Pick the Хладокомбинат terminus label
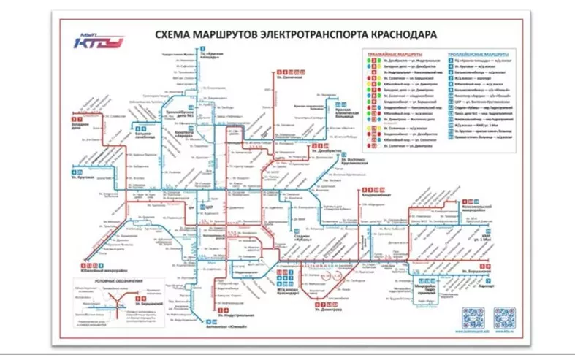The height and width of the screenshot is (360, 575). pyautogui.click(x=372, y=196)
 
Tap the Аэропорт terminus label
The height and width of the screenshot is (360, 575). pyautogui.click(x=487, y=286)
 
